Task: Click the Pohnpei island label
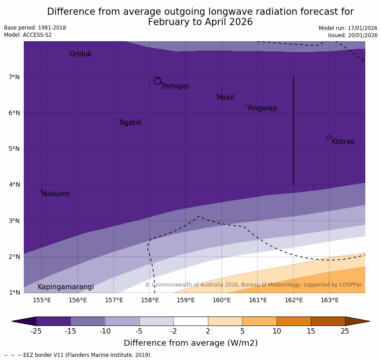(x=175, y=86)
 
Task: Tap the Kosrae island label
(x=343, y=141)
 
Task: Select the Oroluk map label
(x=80, y=54)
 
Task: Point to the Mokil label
(x=225, y=98)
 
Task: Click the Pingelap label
(x=262, y=108)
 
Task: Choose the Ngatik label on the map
(x=130, y=123)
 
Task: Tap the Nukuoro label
(x=56, y=194)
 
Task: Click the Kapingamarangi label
(x=65, y=287)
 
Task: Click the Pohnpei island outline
(x=157, y=81)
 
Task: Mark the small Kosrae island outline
(x=329, y=137)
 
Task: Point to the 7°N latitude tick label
(x=14, y=77)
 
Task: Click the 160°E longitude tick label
(x=221, y=300)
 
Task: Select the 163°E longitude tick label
(x=329, y=300)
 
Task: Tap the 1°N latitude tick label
(x=14, y=292)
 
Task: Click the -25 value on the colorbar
(x=36, y=331)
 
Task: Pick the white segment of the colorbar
(x=190, y=321)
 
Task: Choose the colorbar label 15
(x=311, y=331)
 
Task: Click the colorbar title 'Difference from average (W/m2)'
(x=190, y=343)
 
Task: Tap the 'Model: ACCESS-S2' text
(x=28, y=35)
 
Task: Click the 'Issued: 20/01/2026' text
(x=352, y=35)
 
